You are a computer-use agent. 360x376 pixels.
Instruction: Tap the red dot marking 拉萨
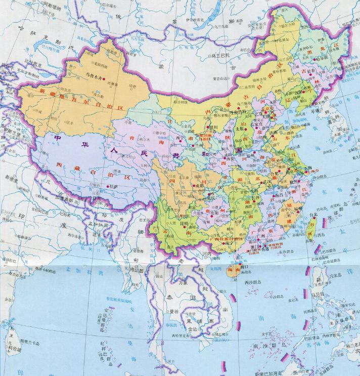coord(107,187)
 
